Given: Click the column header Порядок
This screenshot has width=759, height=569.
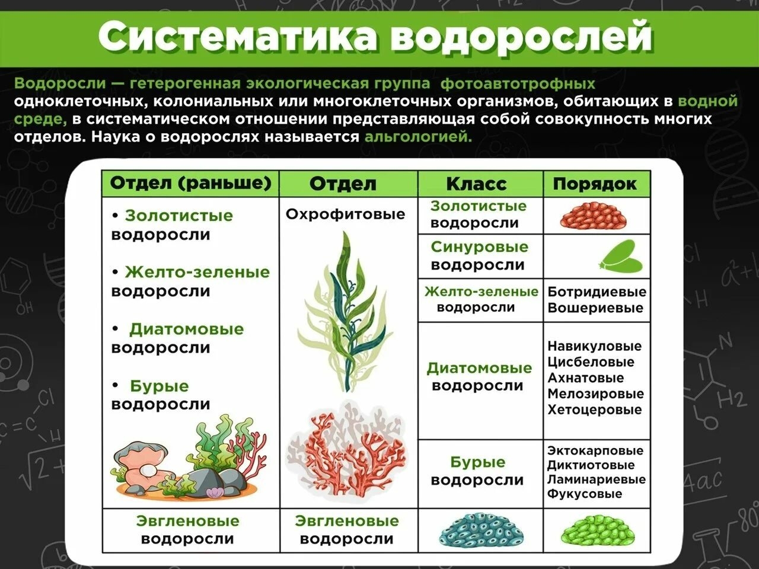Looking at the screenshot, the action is [x=594, y=184].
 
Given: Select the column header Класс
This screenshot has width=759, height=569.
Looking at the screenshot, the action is [x=476, y=184].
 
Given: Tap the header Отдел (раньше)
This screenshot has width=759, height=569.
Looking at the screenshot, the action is [x=190, y=184].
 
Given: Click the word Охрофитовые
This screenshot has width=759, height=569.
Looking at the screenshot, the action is [x=345, y=214].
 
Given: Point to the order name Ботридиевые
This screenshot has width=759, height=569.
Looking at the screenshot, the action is [x=597, y=292].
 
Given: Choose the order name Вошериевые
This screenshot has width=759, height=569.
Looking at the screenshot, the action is [x=595, y=308].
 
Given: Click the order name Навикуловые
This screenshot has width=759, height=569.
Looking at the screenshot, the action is [x=594, y=346].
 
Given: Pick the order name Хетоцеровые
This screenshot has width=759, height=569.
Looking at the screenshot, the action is [x=595, y=410].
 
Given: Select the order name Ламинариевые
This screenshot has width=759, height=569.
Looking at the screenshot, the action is [x=596, y=479].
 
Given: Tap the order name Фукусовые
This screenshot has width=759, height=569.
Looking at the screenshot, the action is [x=585, y=494].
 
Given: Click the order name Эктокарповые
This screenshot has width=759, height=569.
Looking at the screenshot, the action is [x=595, y=450].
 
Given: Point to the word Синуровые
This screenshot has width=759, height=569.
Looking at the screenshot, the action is [x=480, y=247].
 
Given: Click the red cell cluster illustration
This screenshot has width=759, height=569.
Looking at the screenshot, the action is [x=594, y=216].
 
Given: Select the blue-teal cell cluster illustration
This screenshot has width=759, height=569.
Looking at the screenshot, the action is [x=481, y=532].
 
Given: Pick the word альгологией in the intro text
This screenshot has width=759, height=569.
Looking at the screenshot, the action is [x=419, y=137].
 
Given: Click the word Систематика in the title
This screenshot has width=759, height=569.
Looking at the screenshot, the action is [x=237, y=37].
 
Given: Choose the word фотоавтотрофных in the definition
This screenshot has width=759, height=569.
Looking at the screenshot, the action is [x=518, y=84].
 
